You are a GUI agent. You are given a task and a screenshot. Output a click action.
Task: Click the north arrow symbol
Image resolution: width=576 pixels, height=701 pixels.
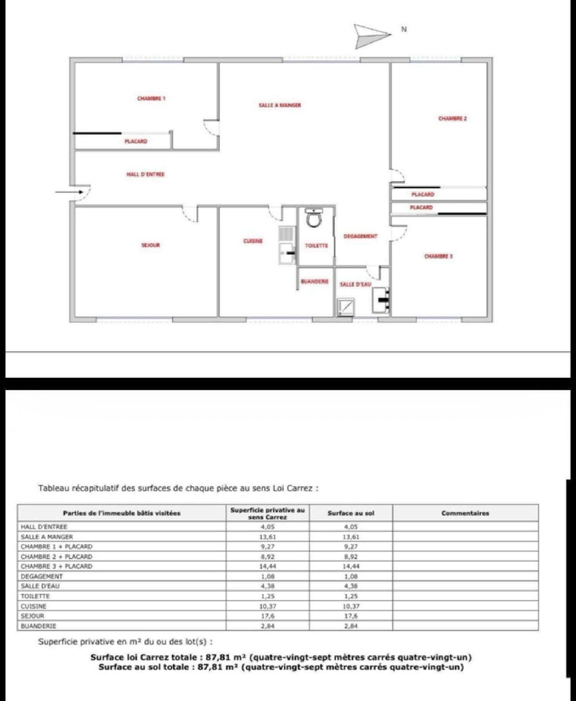pyautogui.click(x=371, y=36)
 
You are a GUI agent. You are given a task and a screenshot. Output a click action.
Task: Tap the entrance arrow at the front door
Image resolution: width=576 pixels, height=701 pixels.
pyautogui.click(x=69, y=192)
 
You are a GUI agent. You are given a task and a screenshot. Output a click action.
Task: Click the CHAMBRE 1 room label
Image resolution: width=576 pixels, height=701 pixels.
pyautogui.click(x=151, y=98)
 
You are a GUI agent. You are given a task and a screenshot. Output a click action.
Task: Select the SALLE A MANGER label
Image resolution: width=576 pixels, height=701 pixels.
pyautogui.click(x=280, y=105)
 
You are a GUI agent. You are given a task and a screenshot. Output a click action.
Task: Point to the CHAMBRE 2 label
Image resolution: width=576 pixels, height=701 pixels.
pyautogui.click(x=452, y=118)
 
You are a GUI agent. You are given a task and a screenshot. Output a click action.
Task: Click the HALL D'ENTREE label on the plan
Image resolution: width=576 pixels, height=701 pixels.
pyautogui.click(x=146, y=174)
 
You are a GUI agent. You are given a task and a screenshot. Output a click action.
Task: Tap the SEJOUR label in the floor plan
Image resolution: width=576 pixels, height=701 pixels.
pyautogui.click(x=151, y=245)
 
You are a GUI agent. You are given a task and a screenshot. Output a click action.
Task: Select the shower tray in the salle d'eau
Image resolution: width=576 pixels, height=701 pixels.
pyautogui.click(x=346, y=307)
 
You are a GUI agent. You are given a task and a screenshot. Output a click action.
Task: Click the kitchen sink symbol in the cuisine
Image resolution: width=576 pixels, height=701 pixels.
pyautogui.click(x=287, y=253)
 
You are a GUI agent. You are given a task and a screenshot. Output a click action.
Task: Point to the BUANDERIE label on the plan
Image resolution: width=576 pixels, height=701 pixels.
pyautogui.click(x=314, y=281)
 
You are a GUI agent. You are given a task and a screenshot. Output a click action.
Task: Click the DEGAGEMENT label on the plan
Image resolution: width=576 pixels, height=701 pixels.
pyautogui.click(x=360, y=236)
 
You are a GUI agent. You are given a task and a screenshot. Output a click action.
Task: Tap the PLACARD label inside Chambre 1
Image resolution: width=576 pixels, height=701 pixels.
pyautogui.click(x=136, y=141)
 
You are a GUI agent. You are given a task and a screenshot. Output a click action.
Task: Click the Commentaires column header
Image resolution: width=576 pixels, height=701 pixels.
pyautogui.click(x=465, y=513)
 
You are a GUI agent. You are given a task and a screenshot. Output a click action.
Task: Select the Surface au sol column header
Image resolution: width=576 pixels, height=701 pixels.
pyautogui.click(x=351, y=513)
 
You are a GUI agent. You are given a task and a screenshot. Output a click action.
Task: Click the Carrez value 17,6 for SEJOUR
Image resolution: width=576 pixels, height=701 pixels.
pyautogui.click(x=267, y=616)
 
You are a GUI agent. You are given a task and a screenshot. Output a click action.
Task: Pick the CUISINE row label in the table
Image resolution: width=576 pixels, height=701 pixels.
pyautogui.click(x=33, y=606)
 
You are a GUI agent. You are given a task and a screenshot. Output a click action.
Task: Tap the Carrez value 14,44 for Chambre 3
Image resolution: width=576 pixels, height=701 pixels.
pyautogui.click(x=267, y=566)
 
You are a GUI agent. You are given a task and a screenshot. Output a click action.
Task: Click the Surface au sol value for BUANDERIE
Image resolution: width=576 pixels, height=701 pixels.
pyautogui.click(x=351, y=626)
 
